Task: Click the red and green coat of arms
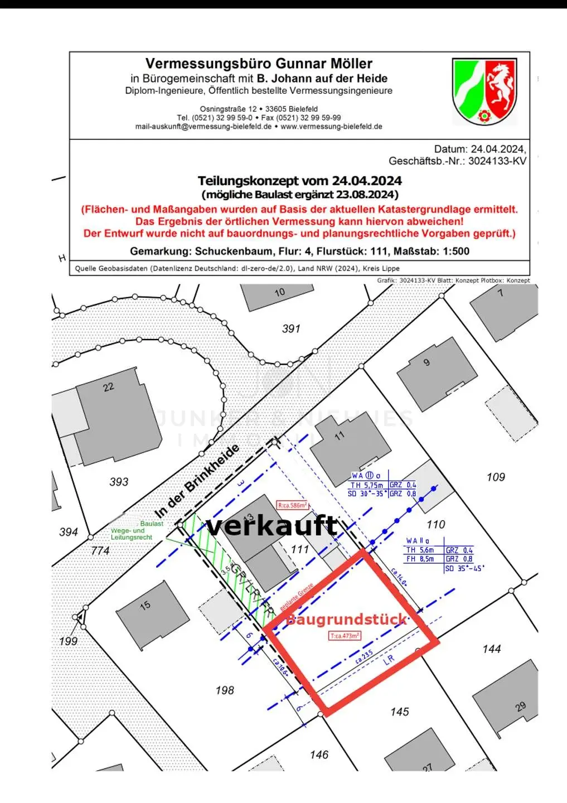pyautogui.click(x=484, y=91)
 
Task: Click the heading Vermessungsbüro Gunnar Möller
pyautogui.click(x=259, y=64)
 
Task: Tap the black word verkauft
pyautogui.click(x=272, y=526)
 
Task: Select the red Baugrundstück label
pyautogui.click(x=346, y=620)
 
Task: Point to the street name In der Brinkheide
pyautogui.click(x=197, y=480)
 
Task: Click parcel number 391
pyautogui.click(x=291, y=329)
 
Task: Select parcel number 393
pyautogui.click(x=119, y=481)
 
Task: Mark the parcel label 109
pyautogui.click(x=496, y=477)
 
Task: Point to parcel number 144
pyautogui.click(x=492, y=649)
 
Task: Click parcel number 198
pyautogui.click(x=225, y=690)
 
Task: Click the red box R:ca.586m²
pyautogui.click(x=293, y=505)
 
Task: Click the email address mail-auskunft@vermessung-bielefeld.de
pyautogui.click(x=203, y=127)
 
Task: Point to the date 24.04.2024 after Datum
pyautogui.click(x=498, y=149)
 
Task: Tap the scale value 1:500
pyautogui.click(x=453, y=251)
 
